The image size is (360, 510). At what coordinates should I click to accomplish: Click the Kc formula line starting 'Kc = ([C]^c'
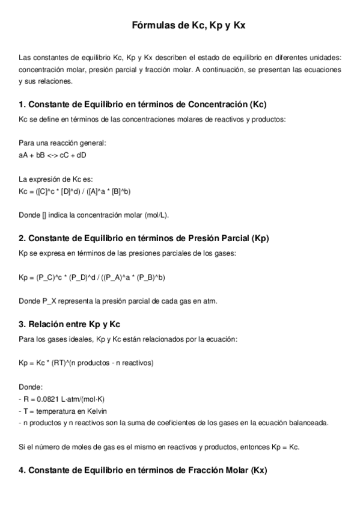click(75, 191)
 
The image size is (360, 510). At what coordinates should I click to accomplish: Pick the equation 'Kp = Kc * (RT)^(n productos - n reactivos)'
click(87, 363)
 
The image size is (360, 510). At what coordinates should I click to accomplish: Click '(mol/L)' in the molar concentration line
click(156, 215)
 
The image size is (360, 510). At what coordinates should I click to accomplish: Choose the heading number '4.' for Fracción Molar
click(22, 469)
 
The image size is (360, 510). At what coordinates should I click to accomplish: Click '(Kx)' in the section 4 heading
click(258, 469)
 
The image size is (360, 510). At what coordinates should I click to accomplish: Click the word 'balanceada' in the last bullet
click(308, 422)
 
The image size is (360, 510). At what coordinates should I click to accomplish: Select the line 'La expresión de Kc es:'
click(52, 179)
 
